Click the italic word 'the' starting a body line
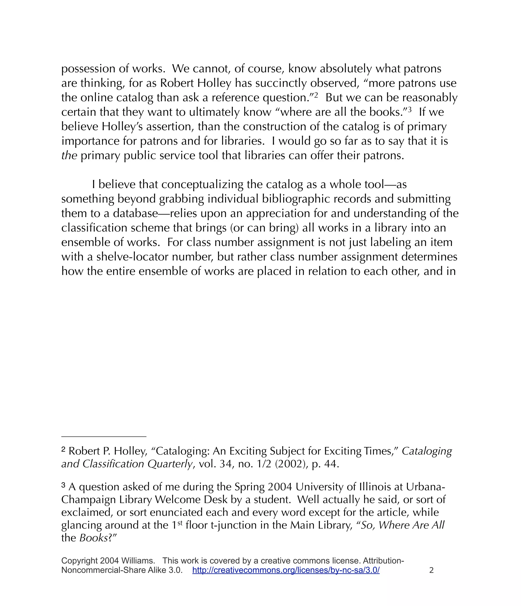click(69, 155)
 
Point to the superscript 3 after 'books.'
click(410, 110)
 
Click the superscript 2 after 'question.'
click(316, 95)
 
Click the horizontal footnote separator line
click(104, 436)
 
